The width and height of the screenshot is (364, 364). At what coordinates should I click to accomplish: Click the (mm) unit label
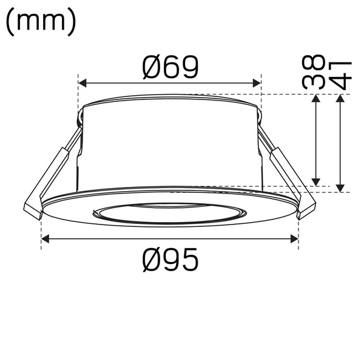[x=41, y=22]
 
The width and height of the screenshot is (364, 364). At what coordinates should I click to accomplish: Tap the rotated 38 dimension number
[x=315, y=73]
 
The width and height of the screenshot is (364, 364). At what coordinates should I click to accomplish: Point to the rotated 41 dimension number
[x=340, y=73]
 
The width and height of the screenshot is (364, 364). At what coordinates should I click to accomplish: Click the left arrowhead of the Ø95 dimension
[x=45, y=240]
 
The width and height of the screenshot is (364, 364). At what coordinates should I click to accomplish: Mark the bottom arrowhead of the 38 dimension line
[x=315, y=181]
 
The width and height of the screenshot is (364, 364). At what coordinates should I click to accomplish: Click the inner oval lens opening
[x=170, y=212]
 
